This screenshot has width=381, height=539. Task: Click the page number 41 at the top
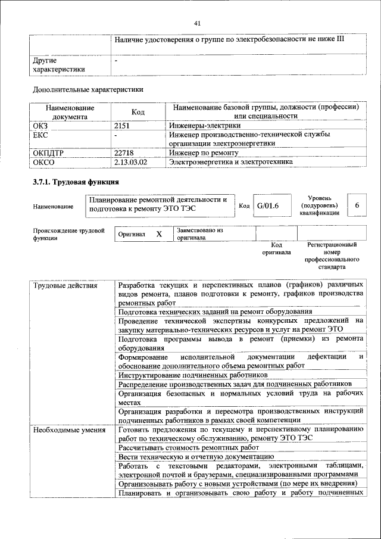tap(197, 23)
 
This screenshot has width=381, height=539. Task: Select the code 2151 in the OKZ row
tap(122, 126)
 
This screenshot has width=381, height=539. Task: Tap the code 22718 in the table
tap(124, 152)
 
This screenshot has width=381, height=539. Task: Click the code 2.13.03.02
tap(130, 161)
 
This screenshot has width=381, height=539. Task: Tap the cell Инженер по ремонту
tap(203, 152)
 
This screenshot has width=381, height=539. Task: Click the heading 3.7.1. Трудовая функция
tap(76, 182)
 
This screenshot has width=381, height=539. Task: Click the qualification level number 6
tap(357, 205)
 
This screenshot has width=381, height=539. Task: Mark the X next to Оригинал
tap(159, 234)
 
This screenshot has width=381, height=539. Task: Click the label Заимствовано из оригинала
tap(199, 233)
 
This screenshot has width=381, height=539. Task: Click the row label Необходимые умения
tap(69, 429)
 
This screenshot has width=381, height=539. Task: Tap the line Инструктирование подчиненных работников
tap(192, 375)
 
